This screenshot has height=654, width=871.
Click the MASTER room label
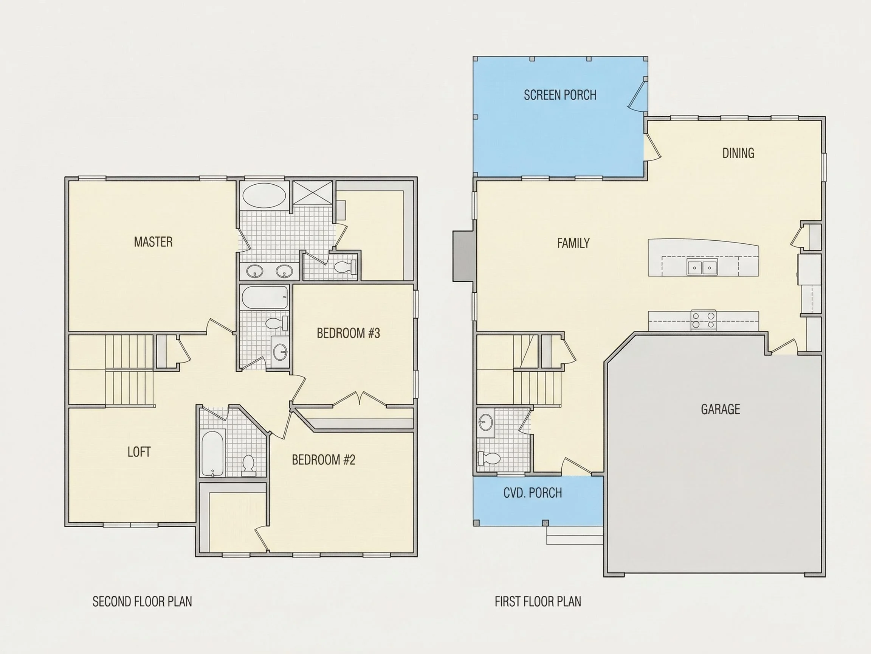click(x=153, y=241)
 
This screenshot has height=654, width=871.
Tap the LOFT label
click(x=139, y=452)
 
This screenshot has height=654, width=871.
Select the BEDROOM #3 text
click(x=349, y=333)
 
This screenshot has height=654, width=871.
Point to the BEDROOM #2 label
click(x=324, y=459)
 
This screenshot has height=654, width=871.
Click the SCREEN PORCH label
click(x=560, y=95)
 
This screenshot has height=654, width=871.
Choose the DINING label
click(x=738, y=153)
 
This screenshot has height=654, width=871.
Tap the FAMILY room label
click(x=573, y=243)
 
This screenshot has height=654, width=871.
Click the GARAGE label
click(x=720, y=409)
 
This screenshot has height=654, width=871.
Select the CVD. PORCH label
click(x=532, y=493)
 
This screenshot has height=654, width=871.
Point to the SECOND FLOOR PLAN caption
click(x=142, y=601)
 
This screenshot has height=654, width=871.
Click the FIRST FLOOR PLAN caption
click(x=538, y=601)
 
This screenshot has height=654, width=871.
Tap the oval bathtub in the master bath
click(x=264, y=195)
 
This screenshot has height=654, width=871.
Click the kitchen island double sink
click(x=702, y=267)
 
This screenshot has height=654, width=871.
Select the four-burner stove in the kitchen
click(x=703, y=320)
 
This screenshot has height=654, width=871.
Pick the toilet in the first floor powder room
click(x=489, y=458)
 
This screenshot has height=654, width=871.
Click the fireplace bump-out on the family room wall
click(x=464, y=256)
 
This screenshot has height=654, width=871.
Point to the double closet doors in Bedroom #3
click(x=359, y=398)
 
